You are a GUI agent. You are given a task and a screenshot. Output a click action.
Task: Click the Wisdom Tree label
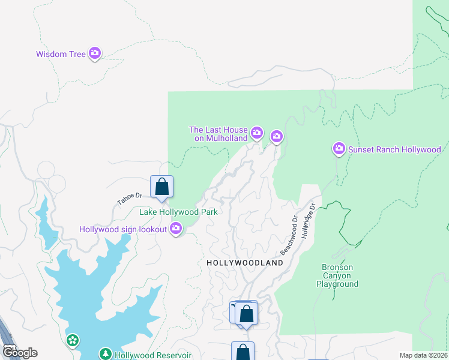(61, 54)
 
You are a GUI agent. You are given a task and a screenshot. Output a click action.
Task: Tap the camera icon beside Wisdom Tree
(94, 54)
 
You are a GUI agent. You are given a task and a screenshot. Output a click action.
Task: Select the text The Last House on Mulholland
(218, 134)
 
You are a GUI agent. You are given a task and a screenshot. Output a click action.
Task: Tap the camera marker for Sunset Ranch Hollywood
(339, 148)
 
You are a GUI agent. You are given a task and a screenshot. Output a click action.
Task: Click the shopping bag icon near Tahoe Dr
(161, 187)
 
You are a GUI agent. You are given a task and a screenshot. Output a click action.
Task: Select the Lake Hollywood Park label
(178, 212)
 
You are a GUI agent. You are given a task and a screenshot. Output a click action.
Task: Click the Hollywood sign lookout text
(123, 229)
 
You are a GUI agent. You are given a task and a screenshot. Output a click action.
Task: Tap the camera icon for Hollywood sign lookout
(175, 228)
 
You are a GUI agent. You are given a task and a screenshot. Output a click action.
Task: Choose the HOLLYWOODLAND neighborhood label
(244, 263)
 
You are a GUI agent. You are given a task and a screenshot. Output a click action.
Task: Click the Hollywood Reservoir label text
(153, 355)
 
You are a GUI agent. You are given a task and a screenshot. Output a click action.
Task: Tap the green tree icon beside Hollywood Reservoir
(106, 354)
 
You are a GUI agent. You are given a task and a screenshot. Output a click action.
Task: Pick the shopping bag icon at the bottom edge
(243, 351)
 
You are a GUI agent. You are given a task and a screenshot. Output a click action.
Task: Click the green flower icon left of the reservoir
(73, 341)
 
